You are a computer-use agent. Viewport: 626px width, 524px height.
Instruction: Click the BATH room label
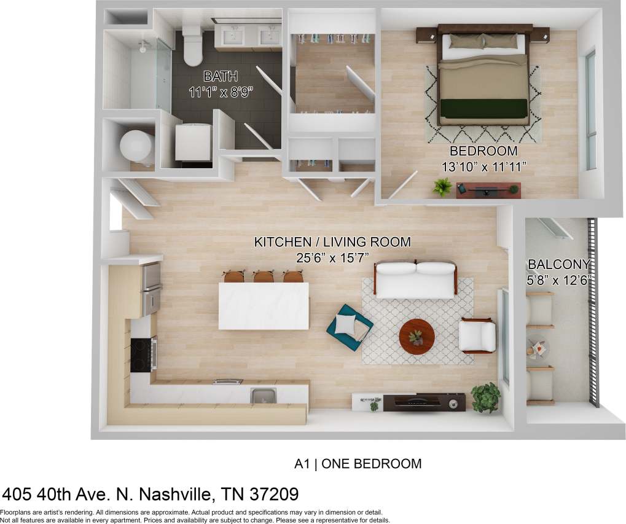tap(221, 77)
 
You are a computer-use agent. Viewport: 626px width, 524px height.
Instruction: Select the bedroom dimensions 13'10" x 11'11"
tap(483, 166)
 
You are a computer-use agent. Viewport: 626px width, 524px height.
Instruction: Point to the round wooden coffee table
tap(417, 335)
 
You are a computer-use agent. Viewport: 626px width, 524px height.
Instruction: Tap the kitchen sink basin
tap(263, 396)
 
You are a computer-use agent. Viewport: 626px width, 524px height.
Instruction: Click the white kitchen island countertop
tap(264, 305)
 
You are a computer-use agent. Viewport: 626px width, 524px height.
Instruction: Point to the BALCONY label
tap(559, 265)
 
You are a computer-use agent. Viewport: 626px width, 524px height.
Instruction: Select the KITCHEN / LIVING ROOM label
tap(332, 242)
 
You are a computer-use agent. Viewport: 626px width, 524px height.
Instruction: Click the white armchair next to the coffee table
tap(478, 336)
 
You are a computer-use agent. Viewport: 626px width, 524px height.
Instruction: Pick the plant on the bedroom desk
tap(442, 186)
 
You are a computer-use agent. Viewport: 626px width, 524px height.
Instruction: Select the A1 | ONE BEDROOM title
tap(358, 464)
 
